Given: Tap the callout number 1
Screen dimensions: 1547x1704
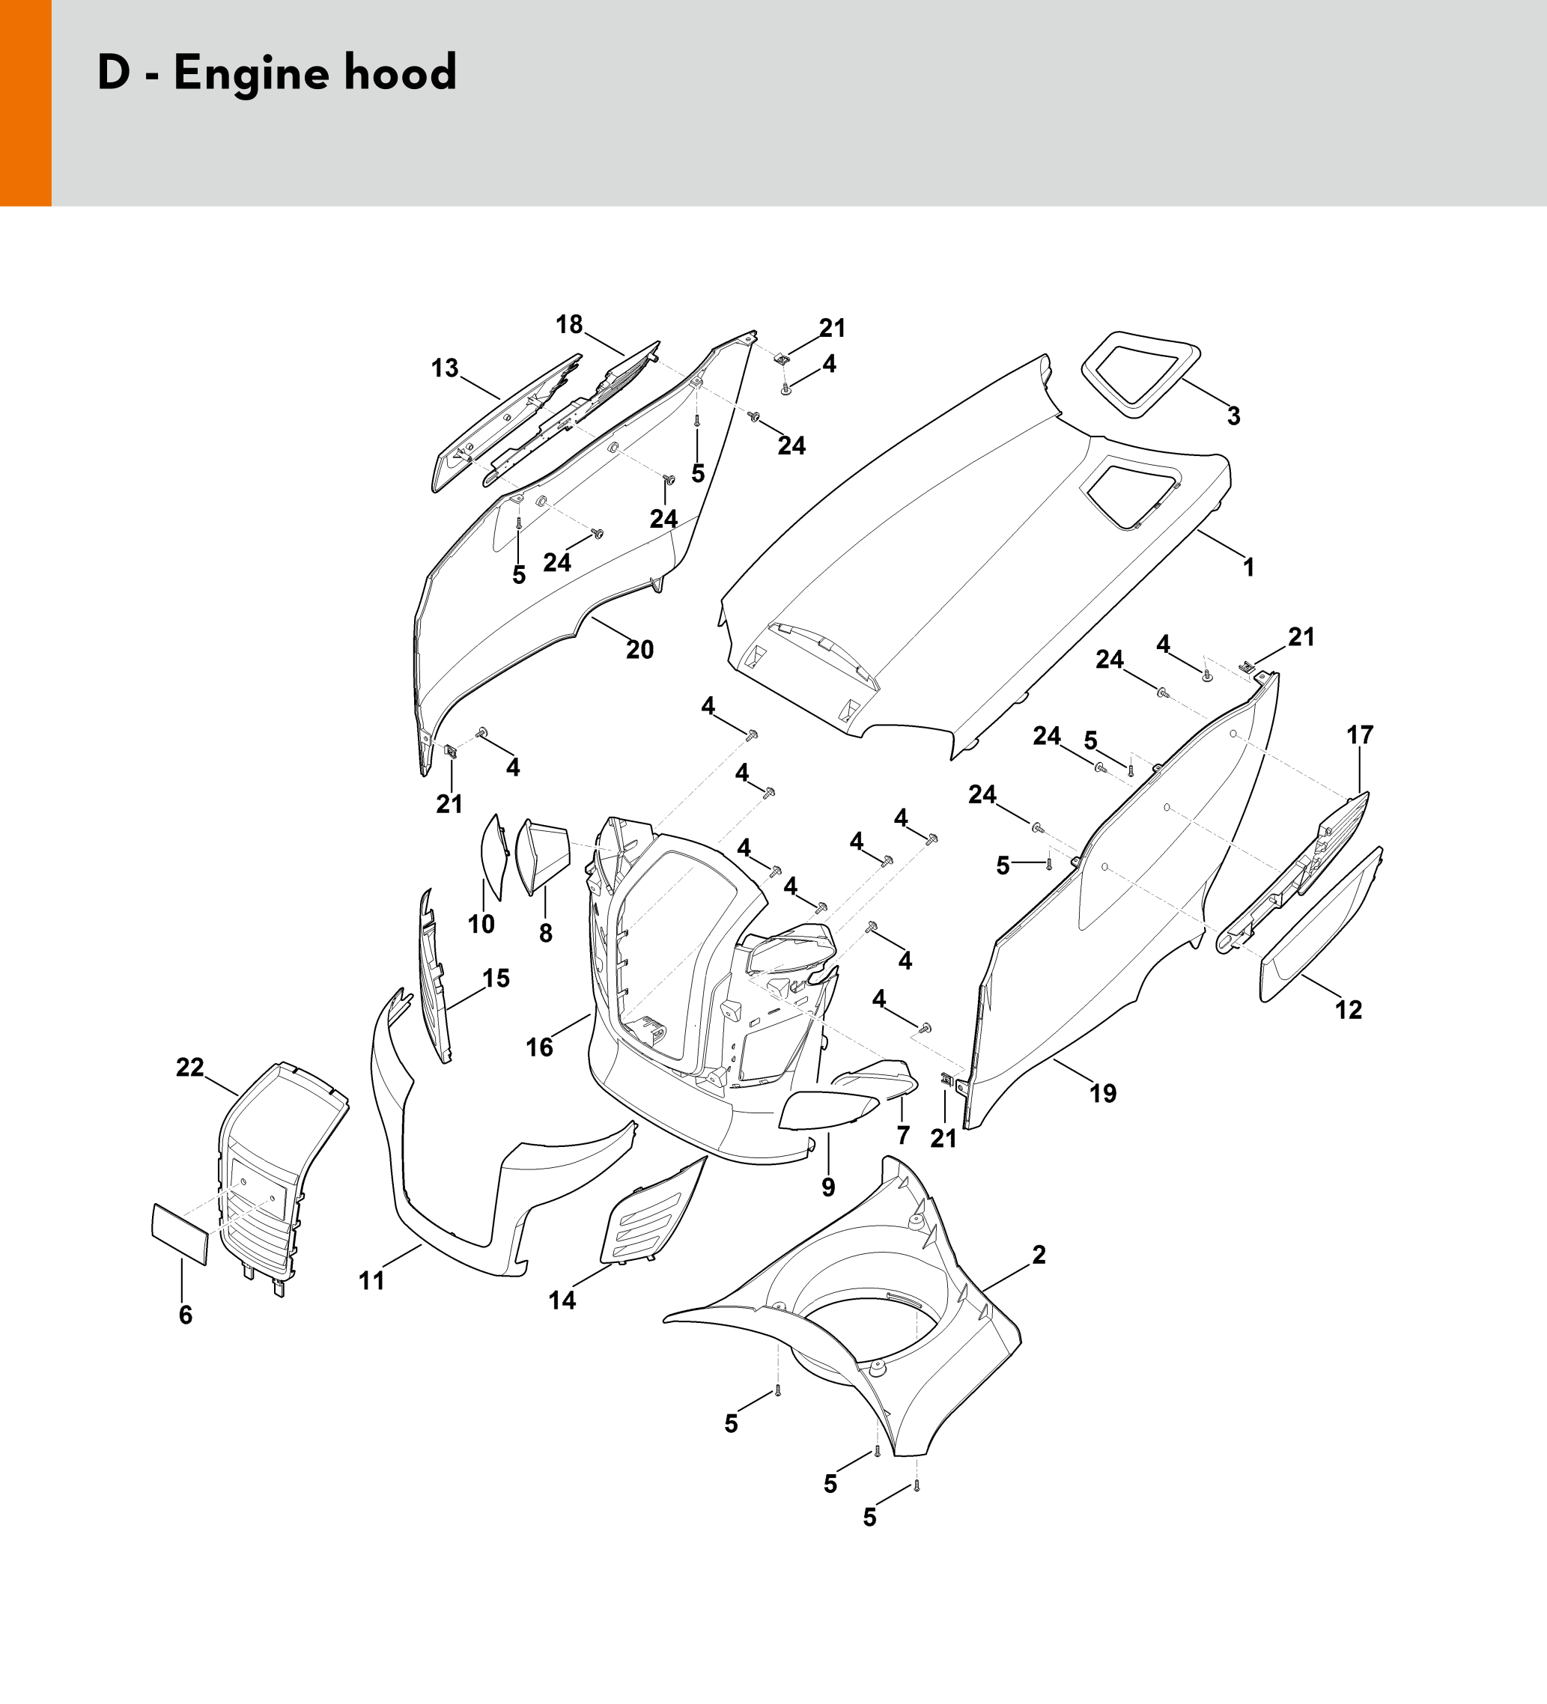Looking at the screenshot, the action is click(x=1248, y=568).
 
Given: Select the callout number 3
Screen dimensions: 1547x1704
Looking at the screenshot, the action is click(x=1233, y=416).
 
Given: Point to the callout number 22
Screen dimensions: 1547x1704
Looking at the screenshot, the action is click(x=189, y=1068).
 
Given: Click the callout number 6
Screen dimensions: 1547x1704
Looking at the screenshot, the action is click(x=185, y=1315).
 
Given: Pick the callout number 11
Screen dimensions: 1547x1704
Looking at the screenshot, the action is click(x=371, y=1280).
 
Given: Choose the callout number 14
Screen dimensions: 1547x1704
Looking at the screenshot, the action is click(x=562, y=1300).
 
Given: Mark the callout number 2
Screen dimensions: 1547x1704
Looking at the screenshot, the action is click(x=1039, y=1256).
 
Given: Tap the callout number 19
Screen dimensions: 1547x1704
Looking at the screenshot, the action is click(x=1102, y=1094).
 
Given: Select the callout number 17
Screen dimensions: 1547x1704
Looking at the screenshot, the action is click(x=1359, y=735).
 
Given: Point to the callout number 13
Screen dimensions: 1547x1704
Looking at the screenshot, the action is click(x=445, y=368).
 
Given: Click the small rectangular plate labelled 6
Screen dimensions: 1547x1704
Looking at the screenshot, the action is click(x=179, y=1234).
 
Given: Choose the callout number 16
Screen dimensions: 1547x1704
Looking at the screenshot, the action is click(x=539, y=1047).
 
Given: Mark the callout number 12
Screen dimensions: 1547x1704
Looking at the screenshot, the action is click(x=1349, y=1009).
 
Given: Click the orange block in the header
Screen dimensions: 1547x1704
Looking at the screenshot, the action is click(x=25, y=103).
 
